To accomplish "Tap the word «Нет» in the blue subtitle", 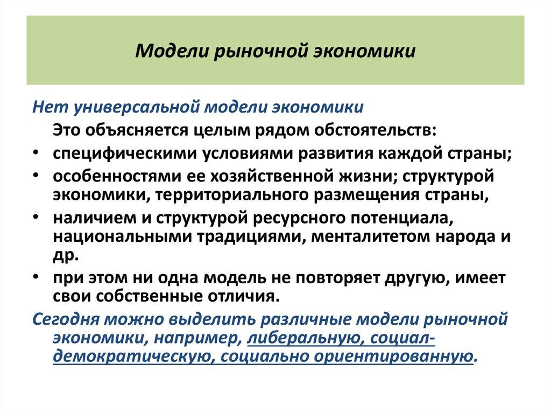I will [x=48, y=107].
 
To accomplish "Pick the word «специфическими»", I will [x=124, y=153].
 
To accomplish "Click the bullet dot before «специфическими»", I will [x=34, y=153].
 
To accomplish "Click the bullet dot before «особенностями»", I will [x=34, y=177].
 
